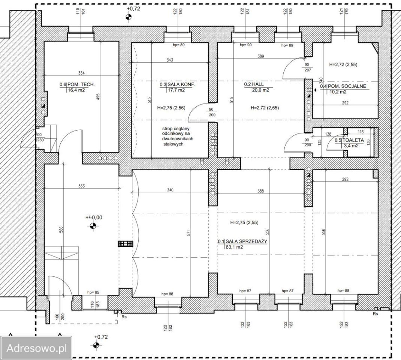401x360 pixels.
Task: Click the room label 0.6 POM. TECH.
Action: coord(77,84)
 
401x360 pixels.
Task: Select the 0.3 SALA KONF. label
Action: coord(177,84)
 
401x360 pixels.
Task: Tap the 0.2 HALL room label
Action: coord(254,84)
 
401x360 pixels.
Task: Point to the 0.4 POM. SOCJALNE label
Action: coord(343,87)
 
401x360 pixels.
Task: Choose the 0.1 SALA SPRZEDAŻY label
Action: coord(242,241)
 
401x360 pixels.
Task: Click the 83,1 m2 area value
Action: coord(235,247)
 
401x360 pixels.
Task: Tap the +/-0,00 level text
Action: coord(94,217)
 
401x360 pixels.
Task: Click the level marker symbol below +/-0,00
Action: coord(93,226)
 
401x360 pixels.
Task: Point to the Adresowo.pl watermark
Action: coord(37,348)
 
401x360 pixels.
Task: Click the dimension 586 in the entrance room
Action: coord(61,229)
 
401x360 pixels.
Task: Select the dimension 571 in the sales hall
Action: coord(189,233)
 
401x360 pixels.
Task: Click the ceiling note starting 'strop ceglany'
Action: coord(178,136)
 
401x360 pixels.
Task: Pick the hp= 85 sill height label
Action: coord(93,292)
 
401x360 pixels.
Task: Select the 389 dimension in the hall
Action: coord(260,56)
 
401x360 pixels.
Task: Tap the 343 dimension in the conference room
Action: coord(169,60)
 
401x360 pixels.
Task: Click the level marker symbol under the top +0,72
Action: coord(129,17)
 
